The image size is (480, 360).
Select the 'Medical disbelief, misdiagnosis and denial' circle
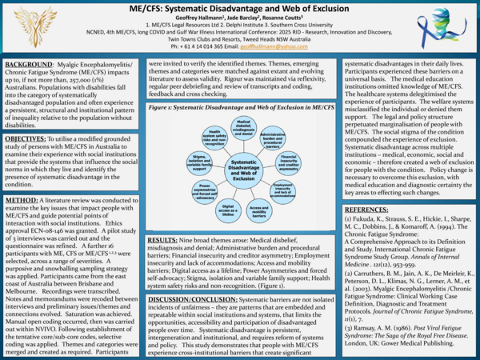[243, 127]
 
